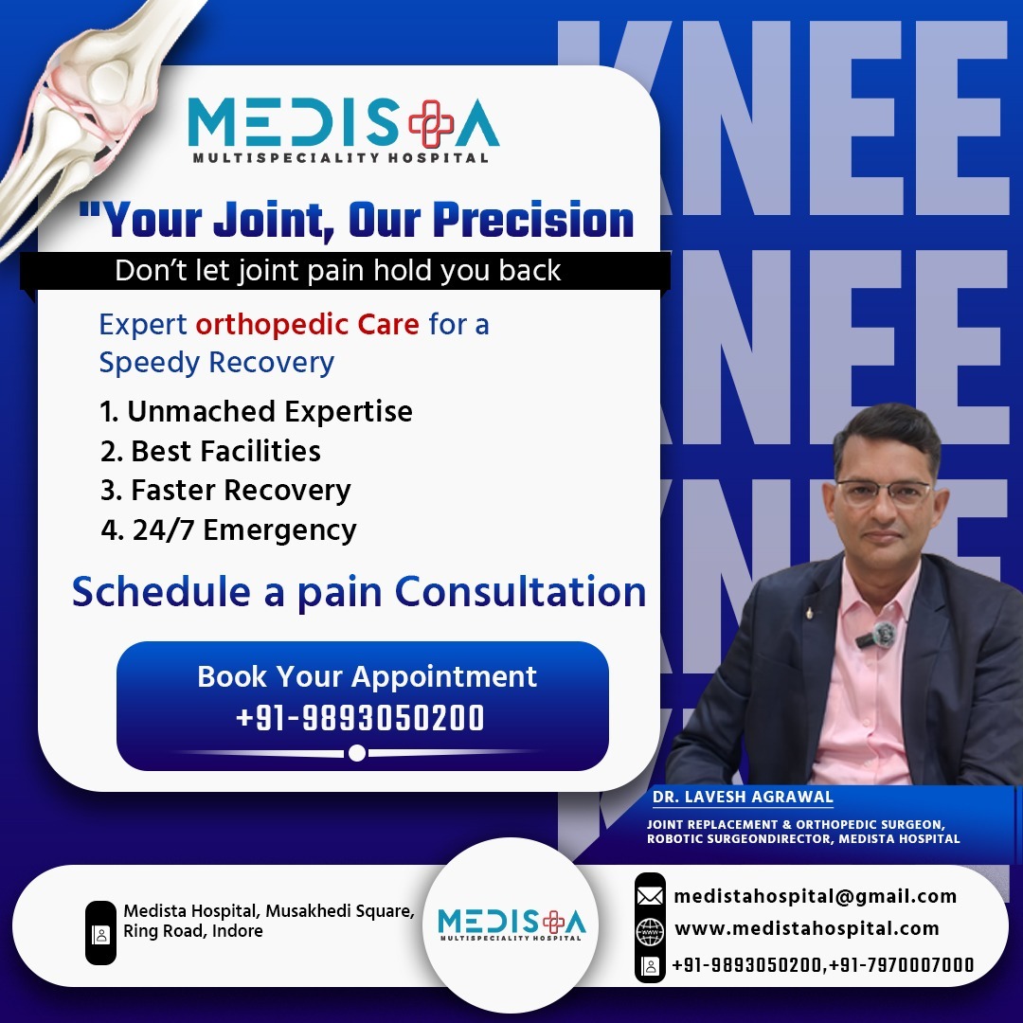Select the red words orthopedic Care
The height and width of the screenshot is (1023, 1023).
pos(307,325)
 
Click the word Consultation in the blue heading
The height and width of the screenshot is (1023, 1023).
pos(521,592)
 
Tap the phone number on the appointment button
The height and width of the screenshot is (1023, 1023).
pos(360,718)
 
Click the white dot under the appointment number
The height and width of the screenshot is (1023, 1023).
pos(357,753)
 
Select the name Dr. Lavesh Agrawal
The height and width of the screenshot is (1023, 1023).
pos(742,797)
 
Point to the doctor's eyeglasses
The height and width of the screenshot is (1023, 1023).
pos(882,493)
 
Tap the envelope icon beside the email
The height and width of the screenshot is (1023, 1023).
pos(650,895)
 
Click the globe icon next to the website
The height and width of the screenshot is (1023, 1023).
pos(650,930)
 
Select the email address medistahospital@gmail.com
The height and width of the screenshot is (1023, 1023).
pos(815,896)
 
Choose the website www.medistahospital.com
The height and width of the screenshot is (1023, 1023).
pos(806,928)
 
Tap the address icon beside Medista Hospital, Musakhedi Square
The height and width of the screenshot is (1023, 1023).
pos(100,933)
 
